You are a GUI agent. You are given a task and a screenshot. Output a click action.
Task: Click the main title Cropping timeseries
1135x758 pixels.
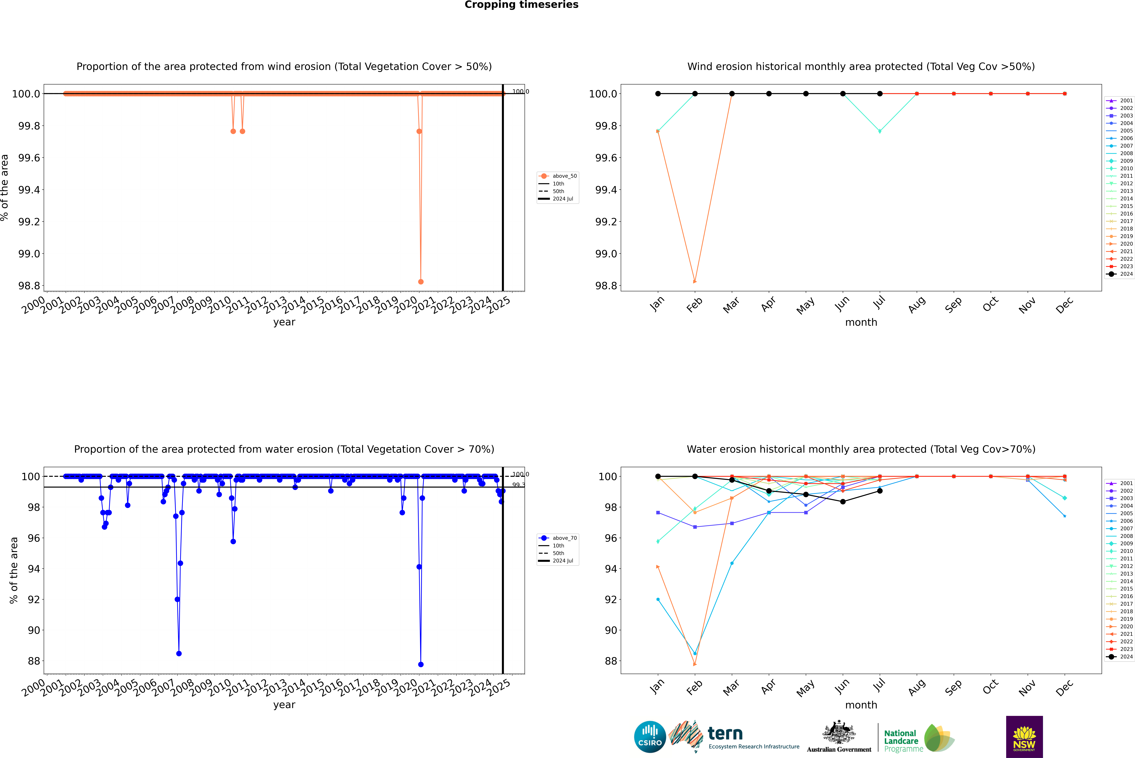[x=521, y=5]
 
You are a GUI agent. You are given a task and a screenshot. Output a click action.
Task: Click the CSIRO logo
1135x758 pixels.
[x=650, y=737]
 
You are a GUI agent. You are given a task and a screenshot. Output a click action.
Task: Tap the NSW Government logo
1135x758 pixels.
[x=1024, y=737]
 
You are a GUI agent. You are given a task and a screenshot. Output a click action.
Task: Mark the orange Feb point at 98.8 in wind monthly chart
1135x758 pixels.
[x=695, y=281]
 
